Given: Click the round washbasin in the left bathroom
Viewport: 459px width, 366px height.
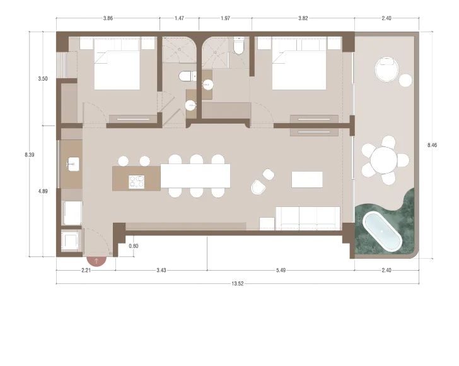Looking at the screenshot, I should [x=190, y=105].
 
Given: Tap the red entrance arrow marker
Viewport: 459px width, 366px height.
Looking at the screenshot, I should [x=95, y=260].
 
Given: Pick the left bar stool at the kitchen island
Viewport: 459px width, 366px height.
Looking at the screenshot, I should [x=124, y=161].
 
